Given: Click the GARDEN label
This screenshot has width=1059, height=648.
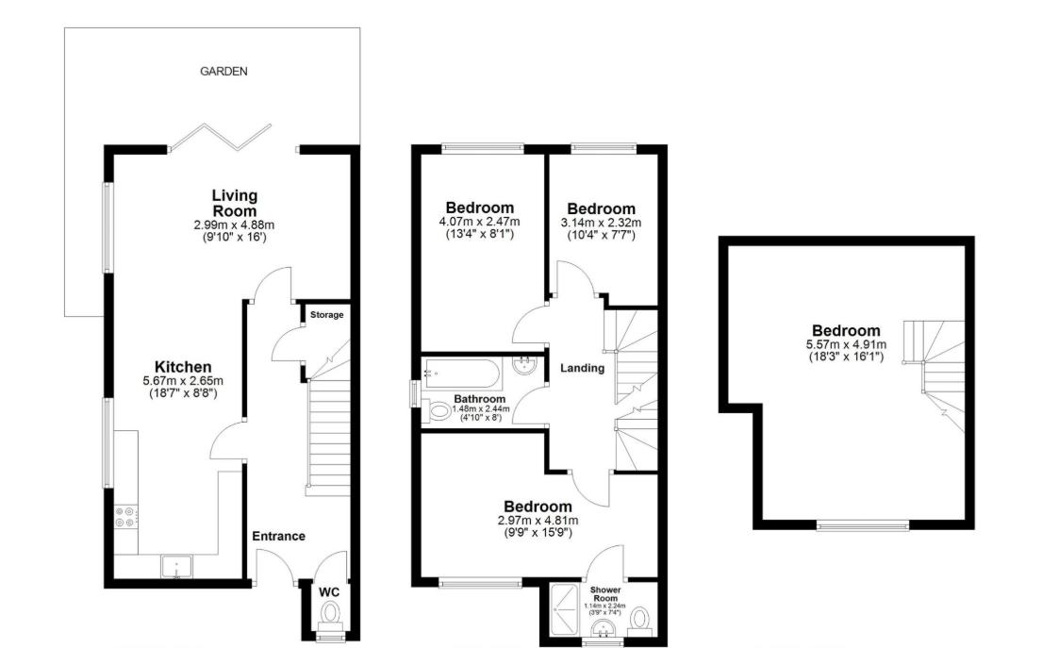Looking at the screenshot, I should coord(223,71).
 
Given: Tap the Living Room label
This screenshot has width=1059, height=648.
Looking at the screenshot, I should coord(234,203).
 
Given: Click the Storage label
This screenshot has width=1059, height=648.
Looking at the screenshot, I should coord(326,315).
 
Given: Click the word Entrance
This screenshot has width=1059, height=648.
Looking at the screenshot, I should coord(278,536).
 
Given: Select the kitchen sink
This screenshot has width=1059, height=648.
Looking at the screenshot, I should coord(176,566).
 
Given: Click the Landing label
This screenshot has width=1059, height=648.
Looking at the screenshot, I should coord(582,368).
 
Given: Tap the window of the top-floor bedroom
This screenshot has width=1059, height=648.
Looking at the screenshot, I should coord(863,525).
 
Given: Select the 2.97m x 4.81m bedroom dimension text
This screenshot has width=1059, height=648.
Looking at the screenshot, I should coord(537,520).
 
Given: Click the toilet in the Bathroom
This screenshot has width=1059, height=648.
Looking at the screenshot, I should coord(438,411).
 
